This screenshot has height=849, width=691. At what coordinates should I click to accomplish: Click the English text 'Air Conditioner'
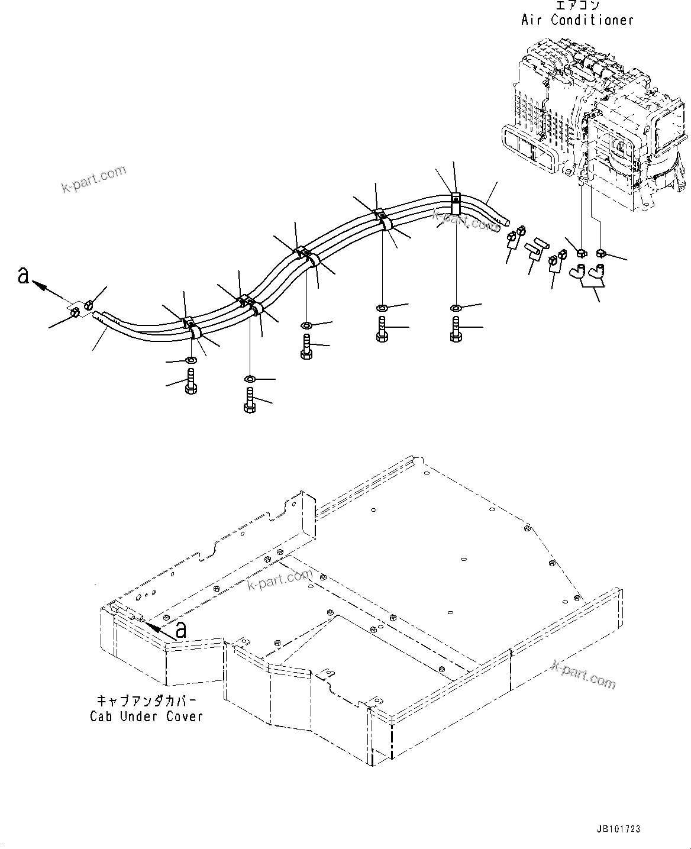577,20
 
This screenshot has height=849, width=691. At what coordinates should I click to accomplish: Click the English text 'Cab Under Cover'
146,716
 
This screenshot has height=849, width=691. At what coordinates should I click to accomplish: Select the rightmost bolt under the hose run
456,330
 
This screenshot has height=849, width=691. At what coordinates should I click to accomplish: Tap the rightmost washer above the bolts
456,308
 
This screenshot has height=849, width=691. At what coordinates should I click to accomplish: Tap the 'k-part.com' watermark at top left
94,178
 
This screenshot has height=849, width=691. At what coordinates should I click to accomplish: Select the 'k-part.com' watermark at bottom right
583,674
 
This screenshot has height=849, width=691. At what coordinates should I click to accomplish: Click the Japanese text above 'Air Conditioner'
577,5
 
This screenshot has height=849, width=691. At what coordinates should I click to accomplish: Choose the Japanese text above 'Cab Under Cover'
146,701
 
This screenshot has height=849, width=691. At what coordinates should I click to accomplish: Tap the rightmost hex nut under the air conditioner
602,253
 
